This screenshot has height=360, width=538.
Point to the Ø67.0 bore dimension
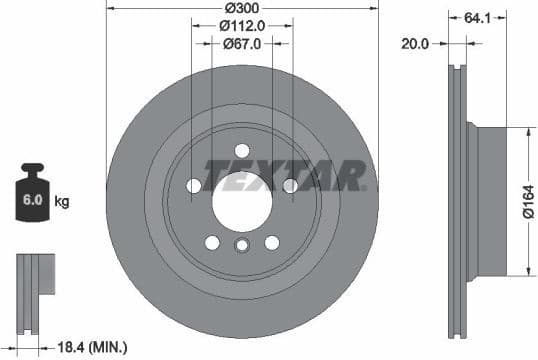click(x=242, y=43)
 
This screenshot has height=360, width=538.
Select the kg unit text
click(x=61, y=202)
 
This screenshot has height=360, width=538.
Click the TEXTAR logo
click(x=284, y=175)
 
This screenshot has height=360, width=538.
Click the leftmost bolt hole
click(x=193, y=185)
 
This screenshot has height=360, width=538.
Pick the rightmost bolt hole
click(x=290, y=185)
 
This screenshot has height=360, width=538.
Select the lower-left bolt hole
click(x=212, y=241)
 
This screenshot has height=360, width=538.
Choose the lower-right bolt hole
click(x=271, y=241)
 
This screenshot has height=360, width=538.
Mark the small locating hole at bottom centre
click(x=241, y=248)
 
